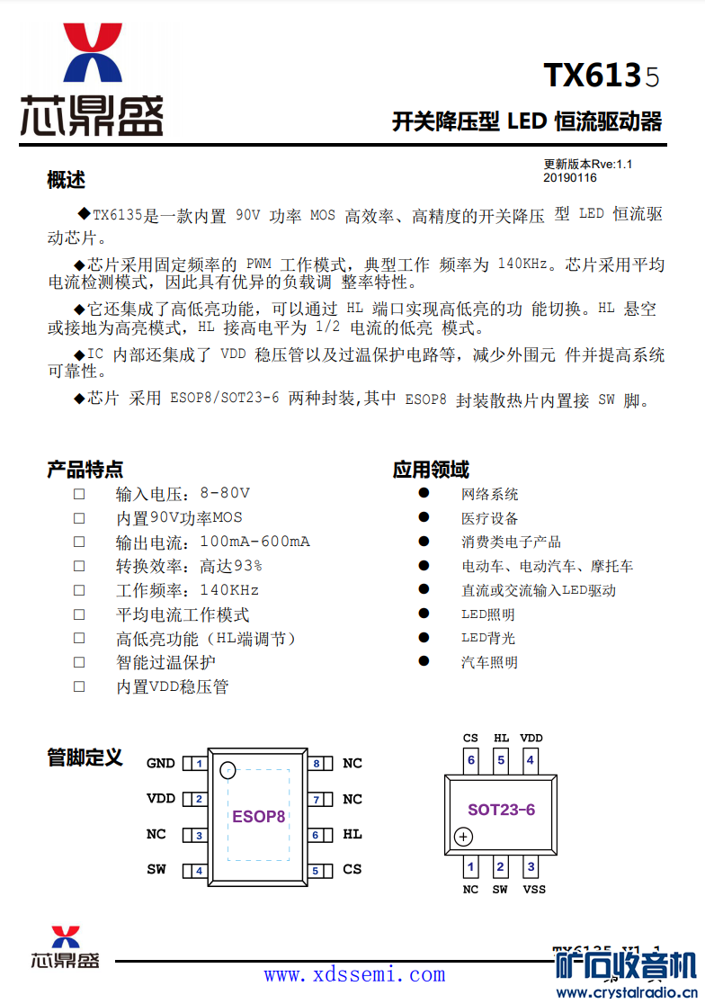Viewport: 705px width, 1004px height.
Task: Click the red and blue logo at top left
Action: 92,54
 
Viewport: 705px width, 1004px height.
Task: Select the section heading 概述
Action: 66,180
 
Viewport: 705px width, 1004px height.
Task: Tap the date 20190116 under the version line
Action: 569,177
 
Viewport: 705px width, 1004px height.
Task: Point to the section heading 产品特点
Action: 85,470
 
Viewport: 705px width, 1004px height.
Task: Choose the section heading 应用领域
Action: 431,470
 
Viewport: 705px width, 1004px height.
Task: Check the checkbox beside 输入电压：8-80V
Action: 79,494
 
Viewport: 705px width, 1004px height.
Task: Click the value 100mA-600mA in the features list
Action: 254,542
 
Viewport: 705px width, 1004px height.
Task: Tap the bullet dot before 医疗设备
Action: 424,517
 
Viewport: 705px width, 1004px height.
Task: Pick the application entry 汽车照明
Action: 489,662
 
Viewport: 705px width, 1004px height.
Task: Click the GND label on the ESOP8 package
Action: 161,764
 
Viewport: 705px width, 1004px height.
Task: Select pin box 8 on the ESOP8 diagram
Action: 317,764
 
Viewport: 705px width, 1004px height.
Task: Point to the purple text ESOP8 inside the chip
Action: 259,817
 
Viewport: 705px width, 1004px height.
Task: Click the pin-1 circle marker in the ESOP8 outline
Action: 228,770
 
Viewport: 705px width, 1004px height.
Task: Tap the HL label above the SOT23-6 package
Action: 501,739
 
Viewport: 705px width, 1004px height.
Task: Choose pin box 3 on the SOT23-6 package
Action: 531,868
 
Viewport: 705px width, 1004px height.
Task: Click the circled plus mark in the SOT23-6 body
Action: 463,838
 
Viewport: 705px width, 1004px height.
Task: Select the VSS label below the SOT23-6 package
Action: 533,890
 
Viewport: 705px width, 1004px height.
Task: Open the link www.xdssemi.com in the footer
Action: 354,974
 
